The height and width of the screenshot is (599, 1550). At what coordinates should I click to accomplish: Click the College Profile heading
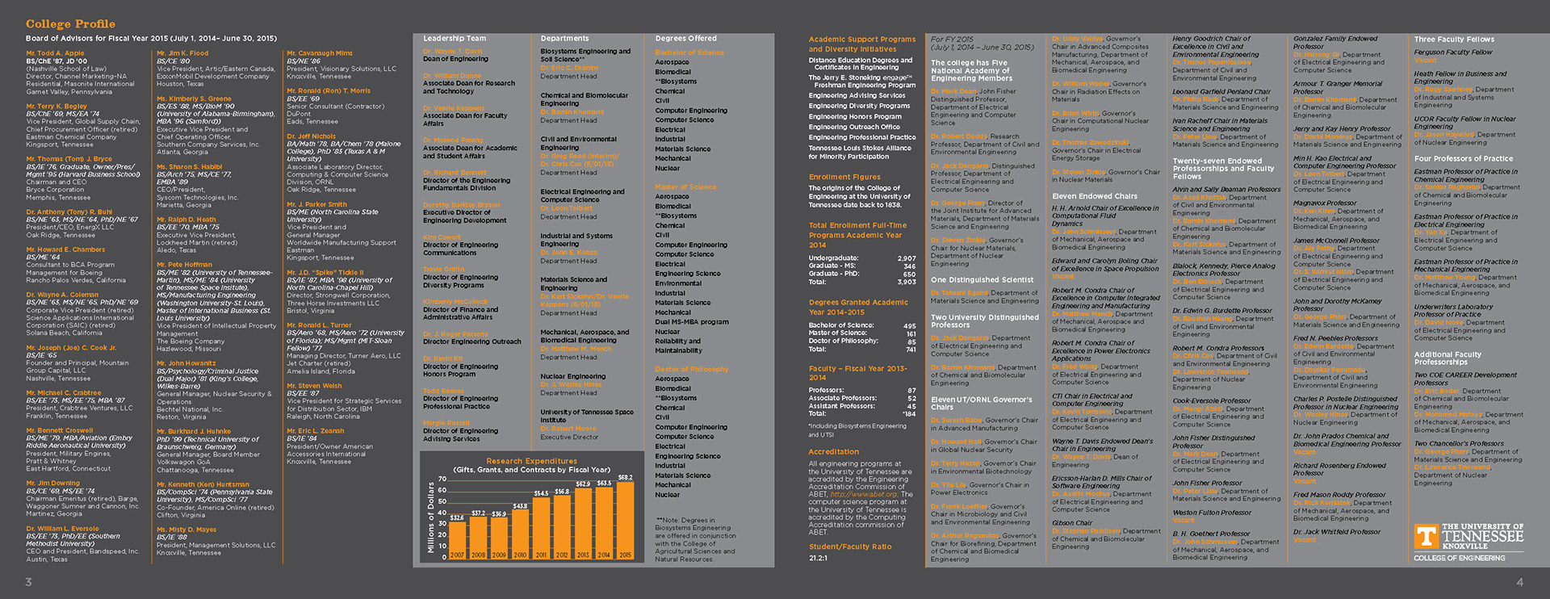click(x=70, y=24)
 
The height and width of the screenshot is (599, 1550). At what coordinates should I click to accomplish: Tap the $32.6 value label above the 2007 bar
click(x=457, y=517)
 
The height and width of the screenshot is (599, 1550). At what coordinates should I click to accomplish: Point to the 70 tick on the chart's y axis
click(x=442, y=480)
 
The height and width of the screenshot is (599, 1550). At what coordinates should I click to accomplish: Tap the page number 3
click(x=29, y=582)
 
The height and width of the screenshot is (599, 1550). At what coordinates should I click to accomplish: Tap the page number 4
click(x=1520, y=582)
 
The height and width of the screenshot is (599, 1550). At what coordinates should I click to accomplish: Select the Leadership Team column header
click(x=455, y=39)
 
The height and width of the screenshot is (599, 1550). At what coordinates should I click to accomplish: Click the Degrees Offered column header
click(x=685, y=39)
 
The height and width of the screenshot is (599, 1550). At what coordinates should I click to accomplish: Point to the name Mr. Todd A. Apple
click(x=55, y=53)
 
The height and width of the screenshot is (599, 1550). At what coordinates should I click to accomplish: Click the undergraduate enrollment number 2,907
click(x=907, y=258)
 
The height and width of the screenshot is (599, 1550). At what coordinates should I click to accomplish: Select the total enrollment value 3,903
click(x=907, y=282)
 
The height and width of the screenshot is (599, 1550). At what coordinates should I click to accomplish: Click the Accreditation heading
click(x=834, y=452)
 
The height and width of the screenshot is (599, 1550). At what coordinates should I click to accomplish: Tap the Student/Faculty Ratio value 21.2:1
click(x=818, y=558)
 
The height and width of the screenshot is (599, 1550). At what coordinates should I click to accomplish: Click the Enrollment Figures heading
click(x=844, y=177)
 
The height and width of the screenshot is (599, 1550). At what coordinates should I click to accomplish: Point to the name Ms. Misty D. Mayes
click(x=186, y=530)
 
